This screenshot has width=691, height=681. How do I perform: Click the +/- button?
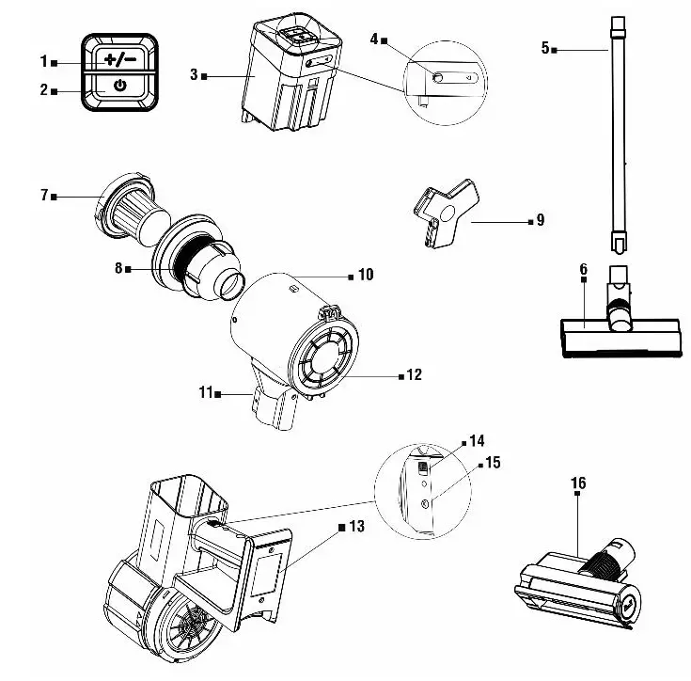(x=119, y=59)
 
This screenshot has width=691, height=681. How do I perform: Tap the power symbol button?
(x=119, y=87)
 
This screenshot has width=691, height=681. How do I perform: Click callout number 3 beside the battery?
(x=194, y=74)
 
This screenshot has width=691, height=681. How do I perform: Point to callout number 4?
(x=374, y=39)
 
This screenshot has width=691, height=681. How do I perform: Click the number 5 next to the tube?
(x=545, y=47)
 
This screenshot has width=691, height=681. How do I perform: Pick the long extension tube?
(x=619, y=132)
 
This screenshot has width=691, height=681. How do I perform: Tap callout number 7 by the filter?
(x=44, y=195)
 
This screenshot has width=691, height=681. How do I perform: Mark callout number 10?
(x=366, y=275)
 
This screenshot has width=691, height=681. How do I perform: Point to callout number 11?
(x=205, y=393)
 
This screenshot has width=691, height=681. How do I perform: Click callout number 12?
(x=414, y=374)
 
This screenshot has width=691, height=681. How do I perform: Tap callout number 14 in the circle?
(x=478, y=439)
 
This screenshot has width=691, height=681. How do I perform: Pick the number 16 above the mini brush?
(x=577, y=483)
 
